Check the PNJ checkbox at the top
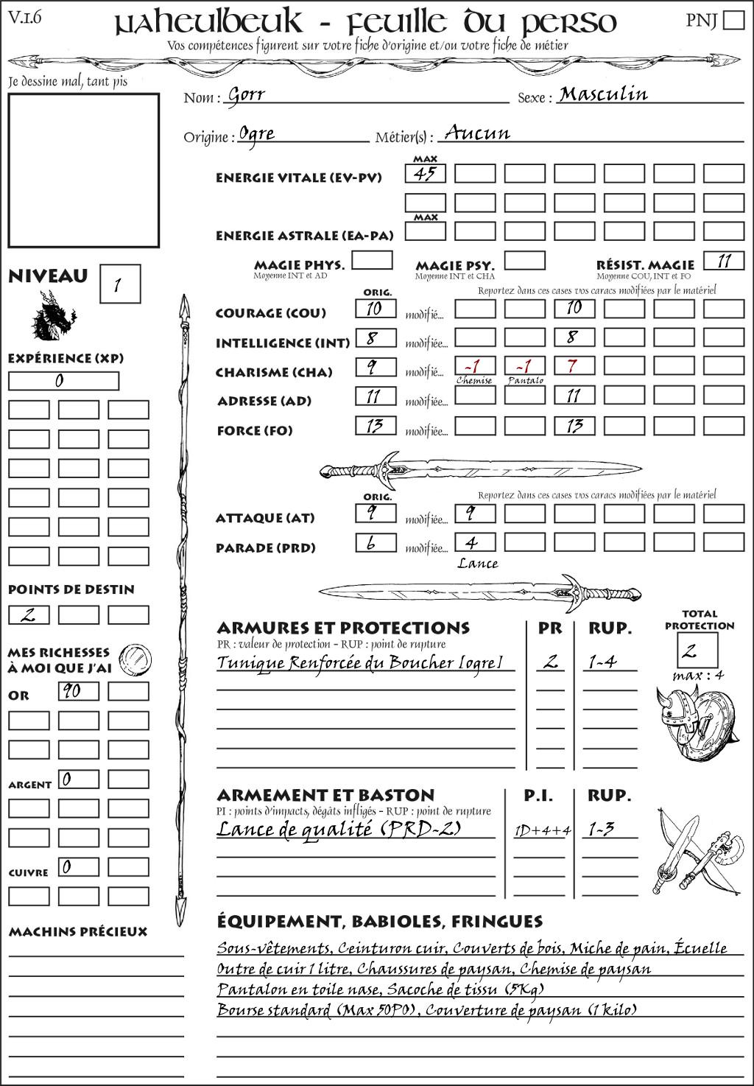733,19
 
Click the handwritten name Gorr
246,95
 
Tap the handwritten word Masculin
603,94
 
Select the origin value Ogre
257,135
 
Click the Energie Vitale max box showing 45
425,174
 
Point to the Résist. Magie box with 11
724,261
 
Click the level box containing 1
119,284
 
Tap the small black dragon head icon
53,317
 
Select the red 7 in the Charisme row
574,365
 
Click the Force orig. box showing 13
376,425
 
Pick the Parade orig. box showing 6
376,543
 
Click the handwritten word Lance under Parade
477,564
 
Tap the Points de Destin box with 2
28,614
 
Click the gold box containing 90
78,691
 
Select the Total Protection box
697,651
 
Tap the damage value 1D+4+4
542,830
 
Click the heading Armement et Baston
325,795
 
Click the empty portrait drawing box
83,171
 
